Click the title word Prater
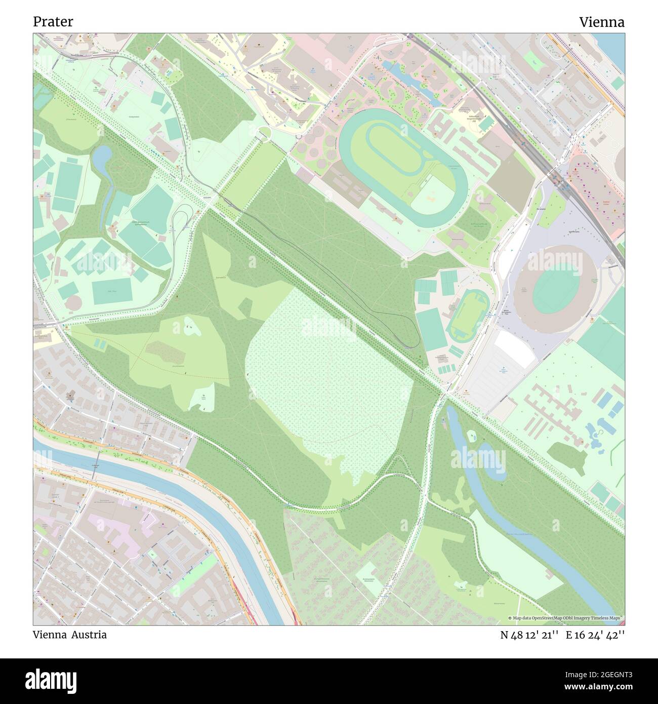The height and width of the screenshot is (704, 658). tap(53, 22)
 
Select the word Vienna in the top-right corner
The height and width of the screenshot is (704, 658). tap(601, 22)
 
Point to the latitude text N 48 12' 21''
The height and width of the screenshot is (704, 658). tap(529, 635)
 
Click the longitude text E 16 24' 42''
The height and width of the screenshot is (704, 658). tap(596, 635)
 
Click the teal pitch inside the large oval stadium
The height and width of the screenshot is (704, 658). tap(555, 289)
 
